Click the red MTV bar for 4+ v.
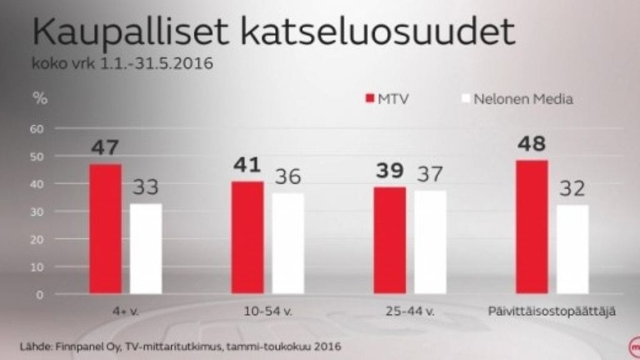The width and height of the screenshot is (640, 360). point(105,229)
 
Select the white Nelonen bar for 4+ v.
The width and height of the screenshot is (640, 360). point(146,249)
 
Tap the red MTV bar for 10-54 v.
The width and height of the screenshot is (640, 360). point(247,237)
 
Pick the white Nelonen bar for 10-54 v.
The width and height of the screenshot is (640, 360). point(288,244)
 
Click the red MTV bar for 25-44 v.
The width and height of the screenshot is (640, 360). point(389,240)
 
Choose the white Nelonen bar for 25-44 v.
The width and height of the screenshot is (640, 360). point(430,242)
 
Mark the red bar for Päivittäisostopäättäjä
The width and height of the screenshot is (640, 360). point(532,227)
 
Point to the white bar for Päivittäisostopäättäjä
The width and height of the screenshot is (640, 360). point(572,249)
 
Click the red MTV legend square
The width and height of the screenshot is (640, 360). point(369,99)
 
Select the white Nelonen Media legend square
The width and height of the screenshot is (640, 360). point(464,99)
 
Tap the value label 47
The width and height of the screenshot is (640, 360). point(105,147)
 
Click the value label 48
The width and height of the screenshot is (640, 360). point(532,144)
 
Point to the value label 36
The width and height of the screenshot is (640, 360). point(288,176)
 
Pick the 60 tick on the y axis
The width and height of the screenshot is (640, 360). point(39,129)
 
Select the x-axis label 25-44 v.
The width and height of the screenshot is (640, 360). point(409,311)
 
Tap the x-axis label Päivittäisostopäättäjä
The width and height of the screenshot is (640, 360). point(552,311)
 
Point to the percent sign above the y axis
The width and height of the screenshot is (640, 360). point(39,98)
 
